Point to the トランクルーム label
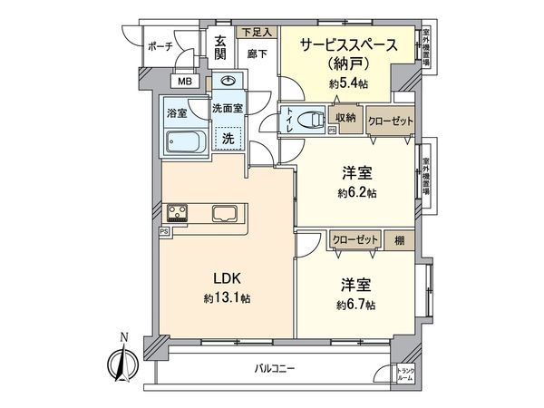click(407, 374)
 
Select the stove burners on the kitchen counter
click(177, 215)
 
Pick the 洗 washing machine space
click(229, 139)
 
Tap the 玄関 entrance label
click(221, 45)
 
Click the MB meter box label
click(184, 82)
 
